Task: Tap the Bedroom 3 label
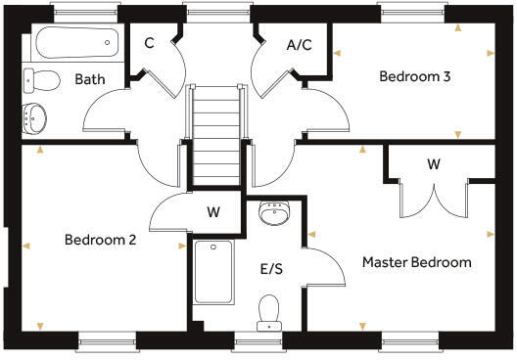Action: (x=414, y=76)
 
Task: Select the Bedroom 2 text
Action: (x=101, y=240)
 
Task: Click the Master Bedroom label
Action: (x=416, y=262)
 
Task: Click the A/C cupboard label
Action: (x=299, y=44)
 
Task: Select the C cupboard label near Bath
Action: (x=149, y=44)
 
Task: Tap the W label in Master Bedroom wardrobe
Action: (x=433, y=163)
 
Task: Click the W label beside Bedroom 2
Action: (x=212, y=211)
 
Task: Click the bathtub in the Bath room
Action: (x=75, y=44)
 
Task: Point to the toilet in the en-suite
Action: (x=269, y=311)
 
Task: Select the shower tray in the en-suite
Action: (x=213, y=271)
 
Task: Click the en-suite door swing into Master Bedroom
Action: (x=327, y=266)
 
